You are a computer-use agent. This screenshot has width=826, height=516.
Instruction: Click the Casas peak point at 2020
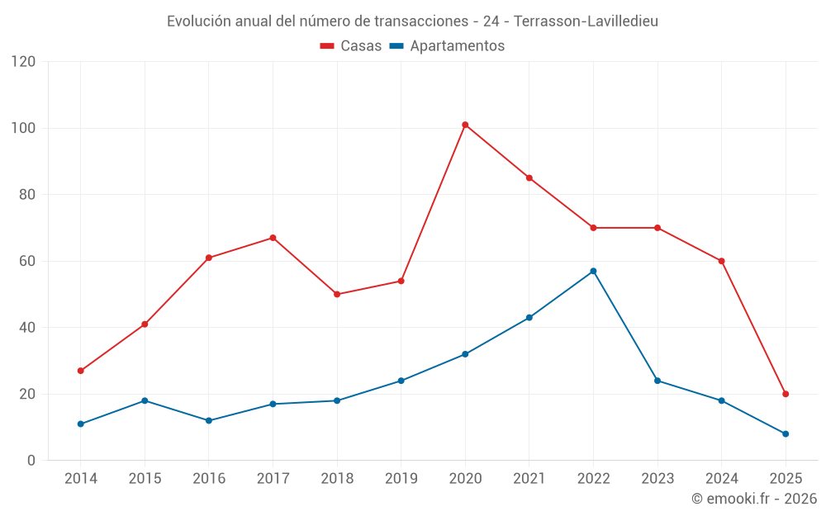pyautogui.click(x=465, y=125)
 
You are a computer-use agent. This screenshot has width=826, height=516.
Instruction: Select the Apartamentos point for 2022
pyautogui.click(x=593, y=271)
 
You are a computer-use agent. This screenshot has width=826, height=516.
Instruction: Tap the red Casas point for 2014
pyautogui.click(x=81, y=371)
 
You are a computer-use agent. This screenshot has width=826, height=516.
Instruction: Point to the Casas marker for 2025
pyautogui.click(x=786, y=394)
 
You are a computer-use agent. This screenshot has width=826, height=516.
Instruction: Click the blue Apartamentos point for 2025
pyautogui.click(x=786, y=433)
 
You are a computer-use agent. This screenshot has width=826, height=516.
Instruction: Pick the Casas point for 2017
pyautogui.click(x=273, y=238)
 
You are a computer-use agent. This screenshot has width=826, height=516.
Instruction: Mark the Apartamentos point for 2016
pyautogui.click(x=209, y=420)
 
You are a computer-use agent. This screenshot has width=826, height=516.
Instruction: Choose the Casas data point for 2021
pyautogui.click(x=529, y=178)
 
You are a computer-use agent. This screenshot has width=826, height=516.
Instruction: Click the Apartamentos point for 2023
pyautogui.click(x=657, y=381)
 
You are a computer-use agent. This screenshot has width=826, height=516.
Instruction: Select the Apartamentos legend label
pyautogui.click(x=457, y=46)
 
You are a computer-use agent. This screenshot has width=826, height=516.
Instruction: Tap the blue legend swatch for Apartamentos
pyautogui.click(x=396, y=46)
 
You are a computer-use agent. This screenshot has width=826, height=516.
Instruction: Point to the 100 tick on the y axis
pyautogui.click(x=24, y=128)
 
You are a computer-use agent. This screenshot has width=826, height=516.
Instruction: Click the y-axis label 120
pyautogui.click(x=24, y=62)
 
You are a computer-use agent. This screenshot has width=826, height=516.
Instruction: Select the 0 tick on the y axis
pyautogui.click(x=31, y=460)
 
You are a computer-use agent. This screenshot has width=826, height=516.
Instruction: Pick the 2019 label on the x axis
pyautogui.click(x=401, y=479)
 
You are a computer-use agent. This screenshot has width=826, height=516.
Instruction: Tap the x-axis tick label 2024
pyautogui.click(x=721, y=479)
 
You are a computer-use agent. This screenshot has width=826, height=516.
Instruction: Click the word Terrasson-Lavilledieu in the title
pyautogui.click(x=586, y=21)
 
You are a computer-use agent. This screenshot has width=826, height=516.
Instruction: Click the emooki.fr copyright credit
pyautogui.click(x=753, y=499)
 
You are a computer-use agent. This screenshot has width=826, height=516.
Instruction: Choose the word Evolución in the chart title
pyautogui.click(x=199, y=21)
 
